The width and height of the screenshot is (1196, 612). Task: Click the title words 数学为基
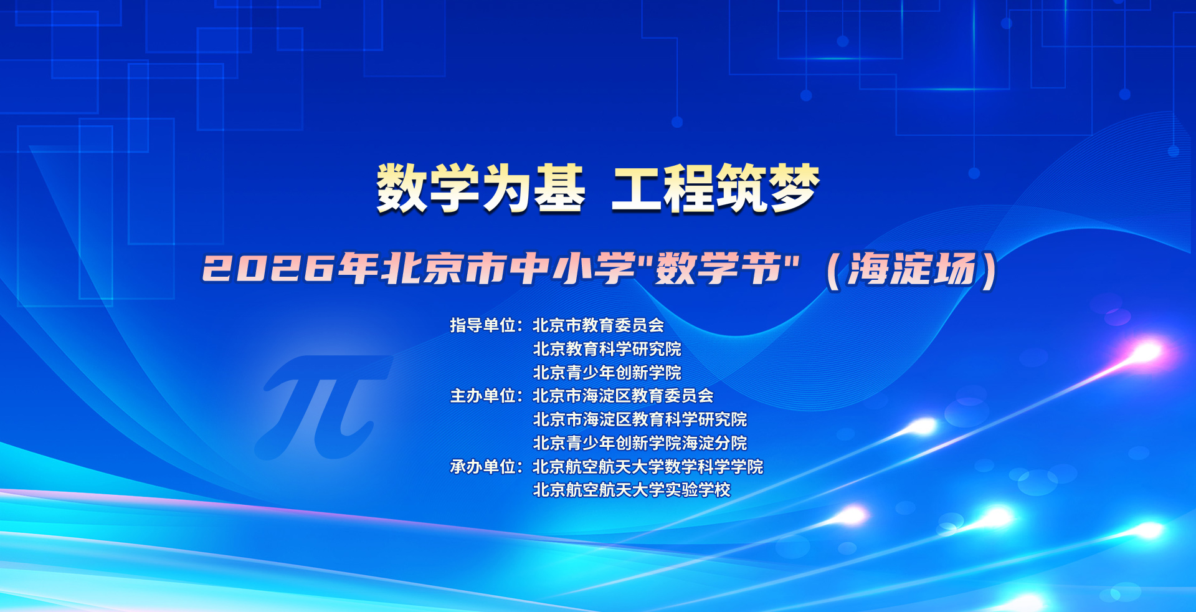[x=480, y=188]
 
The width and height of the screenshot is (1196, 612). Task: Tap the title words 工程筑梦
[x=715, y=188]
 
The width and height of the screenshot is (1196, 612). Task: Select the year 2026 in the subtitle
[x=268, y=269]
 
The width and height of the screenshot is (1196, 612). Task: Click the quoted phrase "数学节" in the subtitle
[x=719, y=269]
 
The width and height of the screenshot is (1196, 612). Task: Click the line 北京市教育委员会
[x=599, y=325]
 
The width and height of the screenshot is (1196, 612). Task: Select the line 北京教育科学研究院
[x=607, y=349]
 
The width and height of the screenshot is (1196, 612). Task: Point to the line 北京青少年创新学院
[x=607, y=373]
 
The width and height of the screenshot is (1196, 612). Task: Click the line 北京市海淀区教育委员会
[x=624, y=396]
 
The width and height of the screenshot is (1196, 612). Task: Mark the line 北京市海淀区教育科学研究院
[x=640, y=419]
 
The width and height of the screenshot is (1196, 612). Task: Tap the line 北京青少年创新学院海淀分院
[x=640, y=443]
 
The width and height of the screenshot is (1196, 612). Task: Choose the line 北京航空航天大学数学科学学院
[x=648, y=467]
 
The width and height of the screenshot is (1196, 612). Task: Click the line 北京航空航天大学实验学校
[x=632, y=490]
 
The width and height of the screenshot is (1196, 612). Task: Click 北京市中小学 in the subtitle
[x=510, y=269]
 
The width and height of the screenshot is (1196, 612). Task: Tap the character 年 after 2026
[x=358, y=269]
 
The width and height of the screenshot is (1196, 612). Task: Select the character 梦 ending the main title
[x=794, y=188]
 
